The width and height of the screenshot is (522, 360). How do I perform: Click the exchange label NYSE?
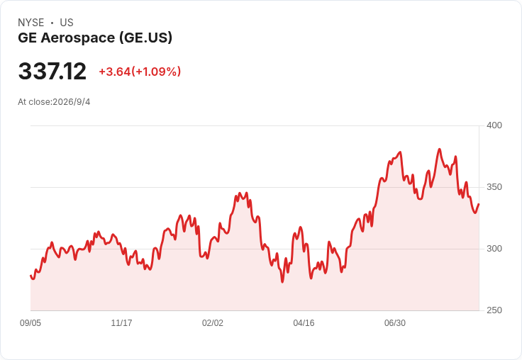point(31,23)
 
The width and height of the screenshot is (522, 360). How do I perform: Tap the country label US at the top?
point(67,23)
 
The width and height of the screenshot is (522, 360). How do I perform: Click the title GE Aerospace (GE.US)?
point(95,38)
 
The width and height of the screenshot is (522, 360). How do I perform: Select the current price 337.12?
point(52,71)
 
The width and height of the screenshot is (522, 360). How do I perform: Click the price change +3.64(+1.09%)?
point(140,72)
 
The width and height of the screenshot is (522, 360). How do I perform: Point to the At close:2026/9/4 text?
point(54,102)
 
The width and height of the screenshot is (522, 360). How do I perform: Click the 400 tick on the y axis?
point(494,125)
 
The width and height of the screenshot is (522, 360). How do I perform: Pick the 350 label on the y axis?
point(494,187)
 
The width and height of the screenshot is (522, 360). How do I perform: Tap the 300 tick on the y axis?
point(494,249)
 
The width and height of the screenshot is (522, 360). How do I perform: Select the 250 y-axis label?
point(494,310)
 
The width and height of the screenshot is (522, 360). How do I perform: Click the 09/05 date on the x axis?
point(30,323)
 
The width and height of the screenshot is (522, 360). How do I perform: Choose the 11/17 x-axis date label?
point(121,323)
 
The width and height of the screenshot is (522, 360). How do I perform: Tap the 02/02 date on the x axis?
point(213,323)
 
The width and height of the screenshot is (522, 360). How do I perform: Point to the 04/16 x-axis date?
point(304,323)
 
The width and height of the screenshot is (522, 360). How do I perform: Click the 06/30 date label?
point(395,323)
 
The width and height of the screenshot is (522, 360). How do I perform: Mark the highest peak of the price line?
point(440,149)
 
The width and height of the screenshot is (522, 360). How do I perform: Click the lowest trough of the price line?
point(282,282)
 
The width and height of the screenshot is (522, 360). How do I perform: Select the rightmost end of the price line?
point(479,204)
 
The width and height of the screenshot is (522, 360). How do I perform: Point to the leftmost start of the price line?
point(30,276)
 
